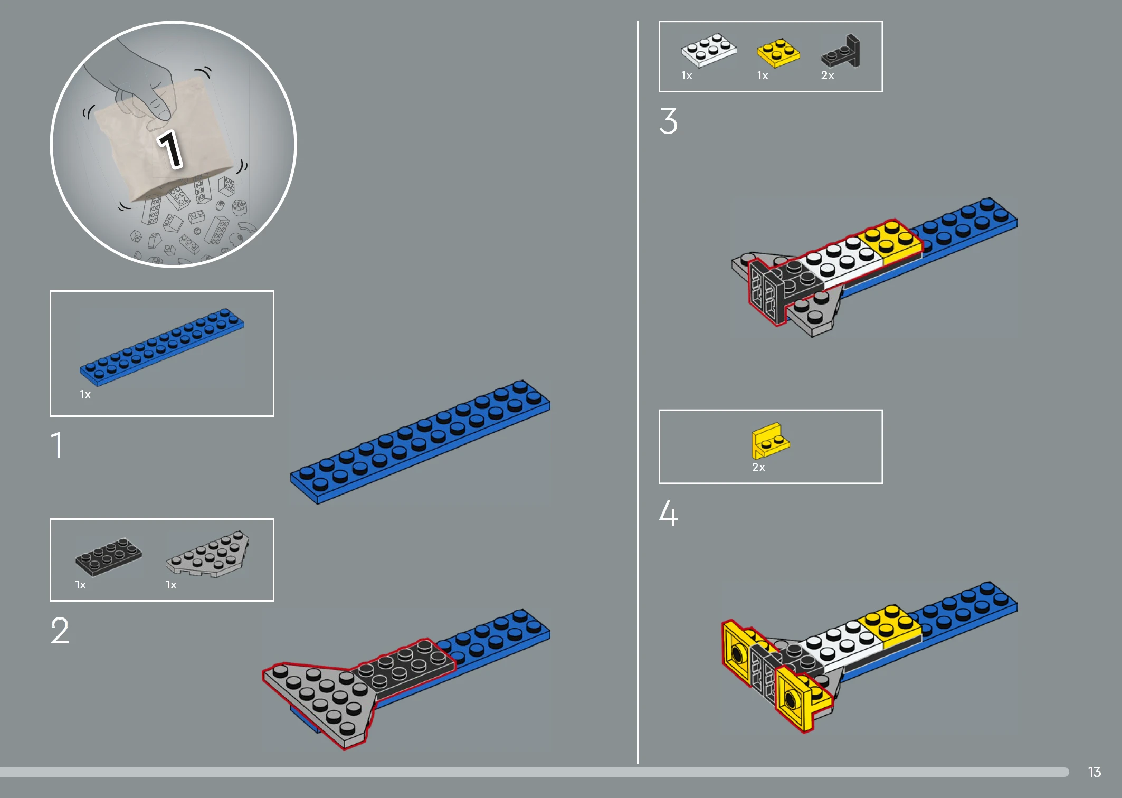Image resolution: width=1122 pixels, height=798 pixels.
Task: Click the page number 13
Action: click(1094, 772)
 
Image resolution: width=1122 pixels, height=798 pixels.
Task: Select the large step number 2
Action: click(60, 630)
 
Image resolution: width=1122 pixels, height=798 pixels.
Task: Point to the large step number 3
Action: click(668, 121)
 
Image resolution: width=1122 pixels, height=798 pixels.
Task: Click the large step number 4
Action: click(668, 512)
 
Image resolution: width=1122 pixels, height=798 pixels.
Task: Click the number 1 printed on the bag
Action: click(170, 149)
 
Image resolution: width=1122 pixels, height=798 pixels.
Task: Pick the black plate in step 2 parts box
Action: click(109, 556)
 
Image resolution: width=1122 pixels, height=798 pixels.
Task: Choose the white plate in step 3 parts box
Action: click(709, 50)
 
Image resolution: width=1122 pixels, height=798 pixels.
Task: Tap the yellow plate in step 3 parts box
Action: click(778, 53)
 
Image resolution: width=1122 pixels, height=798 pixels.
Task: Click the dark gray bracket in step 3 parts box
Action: click(841, 52)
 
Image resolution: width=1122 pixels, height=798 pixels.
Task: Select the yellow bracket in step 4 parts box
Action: click(770, 441)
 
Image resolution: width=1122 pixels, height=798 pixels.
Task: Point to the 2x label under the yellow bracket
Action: click(758, 468)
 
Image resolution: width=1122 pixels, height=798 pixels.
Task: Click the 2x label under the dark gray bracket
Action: click(828, 75)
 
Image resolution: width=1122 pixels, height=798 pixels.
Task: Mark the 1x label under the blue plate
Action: click(85, 395)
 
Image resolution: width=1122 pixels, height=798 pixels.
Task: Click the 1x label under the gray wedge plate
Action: click(171, 585)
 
